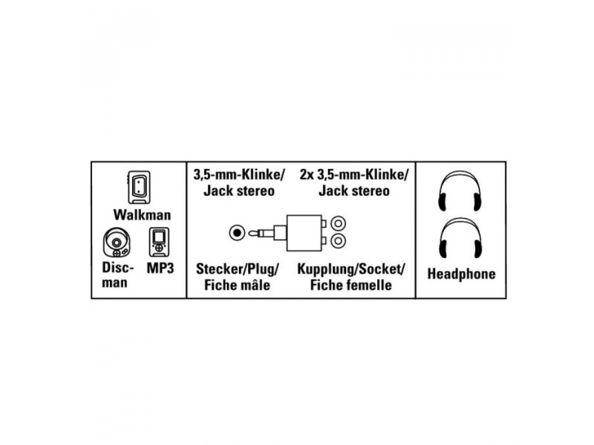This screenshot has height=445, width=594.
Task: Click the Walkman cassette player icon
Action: click(x=139, y=188)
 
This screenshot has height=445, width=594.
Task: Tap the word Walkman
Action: click(x=142, y=215)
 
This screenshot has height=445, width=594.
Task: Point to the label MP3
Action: click(x=160, y=268)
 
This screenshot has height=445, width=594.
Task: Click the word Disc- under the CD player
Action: click(x=118, y=268)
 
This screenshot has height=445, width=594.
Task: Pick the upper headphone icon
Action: click(x=460, y=191)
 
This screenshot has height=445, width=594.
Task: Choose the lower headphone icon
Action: click(x=460, y=238)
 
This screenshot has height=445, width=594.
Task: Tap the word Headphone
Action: click(x=461, y=274)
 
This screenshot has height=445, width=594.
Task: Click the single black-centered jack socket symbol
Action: click(x=237, y=233)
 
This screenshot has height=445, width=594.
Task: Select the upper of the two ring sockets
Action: click(x=338, y=224)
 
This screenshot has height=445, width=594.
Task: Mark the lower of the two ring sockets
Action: click(x=338, y=240)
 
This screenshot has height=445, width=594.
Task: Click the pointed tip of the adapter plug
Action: click(x=250, y=233)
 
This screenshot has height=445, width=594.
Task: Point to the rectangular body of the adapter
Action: click(x=304, y=233)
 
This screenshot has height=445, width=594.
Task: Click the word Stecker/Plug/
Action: click(x=238, y=269)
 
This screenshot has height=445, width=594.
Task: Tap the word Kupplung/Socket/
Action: click(x=351, y=269)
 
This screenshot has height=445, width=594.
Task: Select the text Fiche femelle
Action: click(x=350, y=285)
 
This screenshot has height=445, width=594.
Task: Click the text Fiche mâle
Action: click(x=237, y=285)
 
